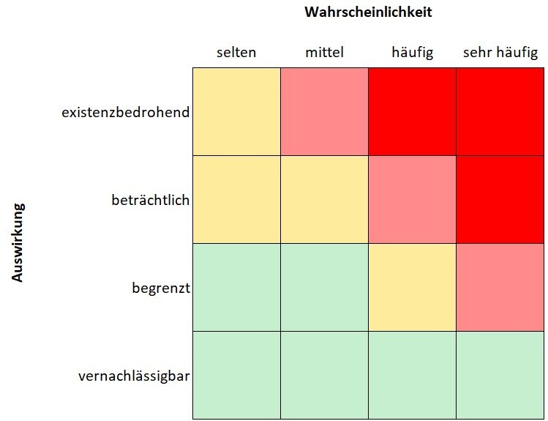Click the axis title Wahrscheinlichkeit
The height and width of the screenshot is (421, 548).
[x=369, y=12]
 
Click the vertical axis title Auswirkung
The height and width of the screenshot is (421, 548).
[x=18, y=242]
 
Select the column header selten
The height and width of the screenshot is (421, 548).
[x=236, y=53]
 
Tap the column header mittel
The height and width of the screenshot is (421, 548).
[x=324, y=53]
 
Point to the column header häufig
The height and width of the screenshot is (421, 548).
[x=413, y=53]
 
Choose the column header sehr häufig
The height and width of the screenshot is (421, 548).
[x=500, y=53]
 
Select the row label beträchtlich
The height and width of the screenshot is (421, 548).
[x=151, y=200]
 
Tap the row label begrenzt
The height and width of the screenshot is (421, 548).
[x=161, y=288]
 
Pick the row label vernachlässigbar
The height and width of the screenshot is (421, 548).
[x=134, y=376]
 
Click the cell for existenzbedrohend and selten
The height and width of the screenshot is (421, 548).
[x=236, y=111]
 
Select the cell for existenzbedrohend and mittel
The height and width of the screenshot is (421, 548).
[x=324, y=111]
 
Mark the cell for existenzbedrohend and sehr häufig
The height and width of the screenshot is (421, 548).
[x=500, y=111]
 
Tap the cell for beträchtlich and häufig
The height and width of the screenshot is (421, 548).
[x=413, y=199]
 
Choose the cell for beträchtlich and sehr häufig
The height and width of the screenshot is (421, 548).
[x=500, y=199]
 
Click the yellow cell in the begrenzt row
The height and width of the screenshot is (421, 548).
[x=413, y=287]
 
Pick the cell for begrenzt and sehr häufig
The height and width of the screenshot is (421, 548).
[x=500, y=287]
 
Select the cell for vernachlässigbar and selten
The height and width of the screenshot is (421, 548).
[x=236, y=375]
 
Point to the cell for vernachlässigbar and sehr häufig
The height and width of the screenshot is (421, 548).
[x=500, y=375]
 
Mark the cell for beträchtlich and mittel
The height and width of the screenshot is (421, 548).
[x=324, y=199]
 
